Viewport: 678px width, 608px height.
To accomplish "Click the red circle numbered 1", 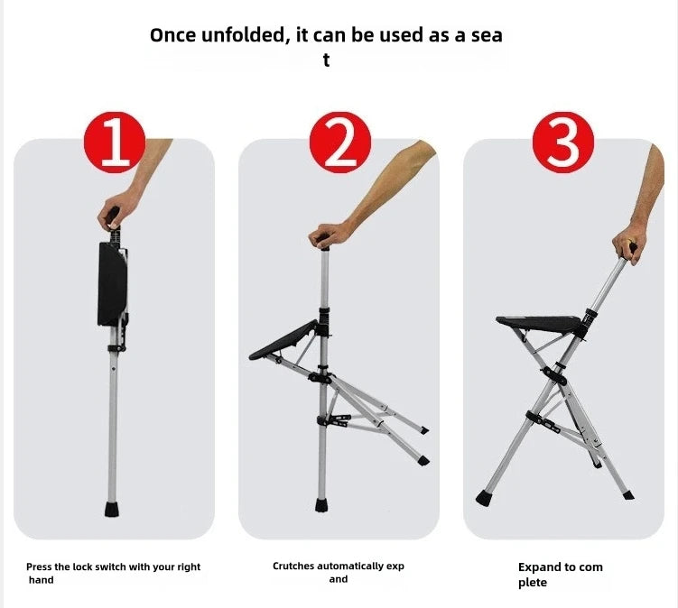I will pos(114,142).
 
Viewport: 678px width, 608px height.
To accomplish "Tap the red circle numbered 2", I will pos(339,142).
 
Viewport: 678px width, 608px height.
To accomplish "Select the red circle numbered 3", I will pos(563,142).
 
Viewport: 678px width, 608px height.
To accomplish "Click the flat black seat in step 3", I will pos(539,322).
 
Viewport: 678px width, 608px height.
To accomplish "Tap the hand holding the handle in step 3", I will pos(627,245).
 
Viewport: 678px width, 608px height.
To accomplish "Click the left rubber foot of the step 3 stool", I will pos(483,497).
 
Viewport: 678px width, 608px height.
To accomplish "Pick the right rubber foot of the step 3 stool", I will pos(628,495).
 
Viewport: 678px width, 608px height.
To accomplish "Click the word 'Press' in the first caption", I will pos(41,567).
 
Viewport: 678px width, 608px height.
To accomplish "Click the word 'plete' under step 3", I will pos(532,583).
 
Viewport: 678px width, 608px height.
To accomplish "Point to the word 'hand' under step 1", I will pos(41,580).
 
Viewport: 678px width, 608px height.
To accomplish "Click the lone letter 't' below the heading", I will pos(327,60).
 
